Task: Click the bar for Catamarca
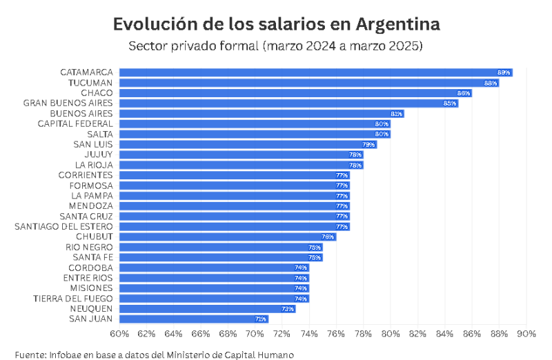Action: point(315,72)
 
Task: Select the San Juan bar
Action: point(194,319)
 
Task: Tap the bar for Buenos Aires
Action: point(261,113)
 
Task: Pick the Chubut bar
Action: point(227,237)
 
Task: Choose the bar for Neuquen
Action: point(207,308)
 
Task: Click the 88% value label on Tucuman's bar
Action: point(491,83)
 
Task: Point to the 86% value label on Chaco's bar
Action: point(464,93)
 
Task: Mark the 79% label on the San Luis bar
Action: point(368,144)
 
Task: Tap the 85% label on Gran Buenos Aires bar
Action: point(450,103)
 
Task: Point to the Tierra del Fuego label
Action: point(73,298)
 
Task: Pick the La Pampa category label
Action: point(91,195)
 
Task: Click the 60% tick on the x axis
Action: point(119,334)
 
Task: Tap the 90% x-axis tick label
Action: point(526,334)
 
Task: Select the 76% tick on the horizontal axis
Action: point(336,334)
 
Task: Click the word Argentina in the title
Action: point(398,23)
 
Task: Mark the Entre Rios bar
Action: point(214,277)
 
